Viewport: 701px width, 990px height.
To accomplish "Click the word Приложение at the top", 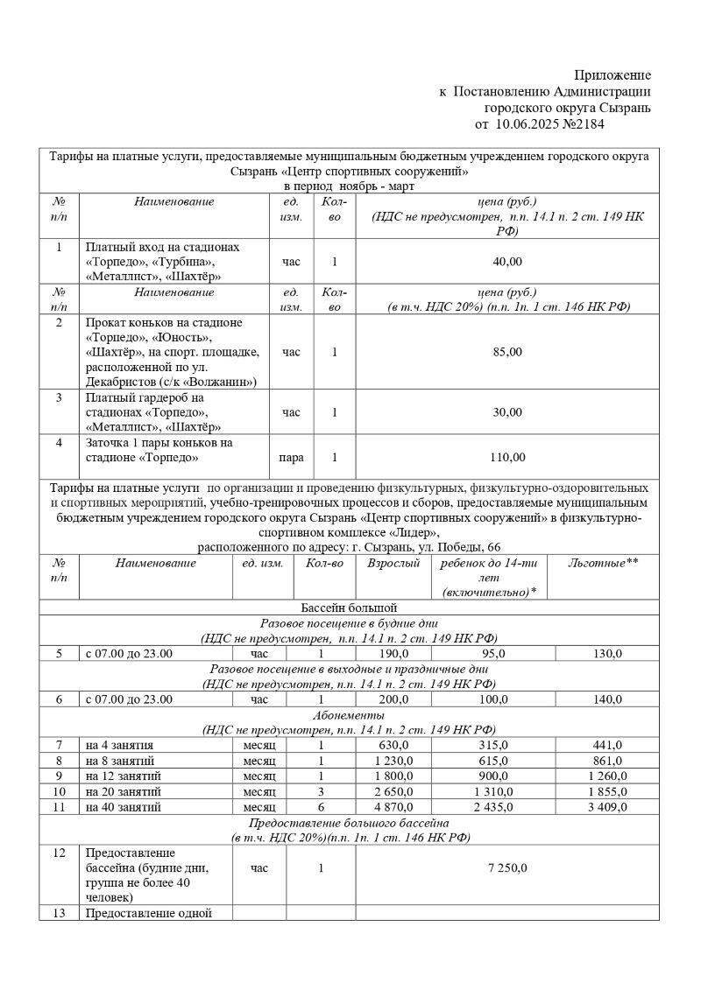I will click(x=612, y=76).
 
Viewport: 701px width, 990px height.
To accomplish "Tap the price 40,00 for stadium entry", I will click(x=507, y=262).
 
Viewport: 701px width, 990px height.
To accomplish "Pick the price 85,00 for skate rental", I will click(x=507, y=352).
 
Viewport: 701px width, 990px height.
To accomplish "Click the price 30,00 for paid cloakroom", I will click(x=507, y=412).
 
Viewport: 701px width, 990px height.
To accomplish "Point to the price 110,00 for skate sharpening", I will click(x=507, y=457).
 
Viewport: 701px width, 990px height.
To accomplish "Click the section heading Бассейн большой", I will click(x=349, y=607).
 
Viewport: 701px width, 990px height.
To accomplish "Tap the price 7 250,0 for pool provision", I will click(x=507, y=868).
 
